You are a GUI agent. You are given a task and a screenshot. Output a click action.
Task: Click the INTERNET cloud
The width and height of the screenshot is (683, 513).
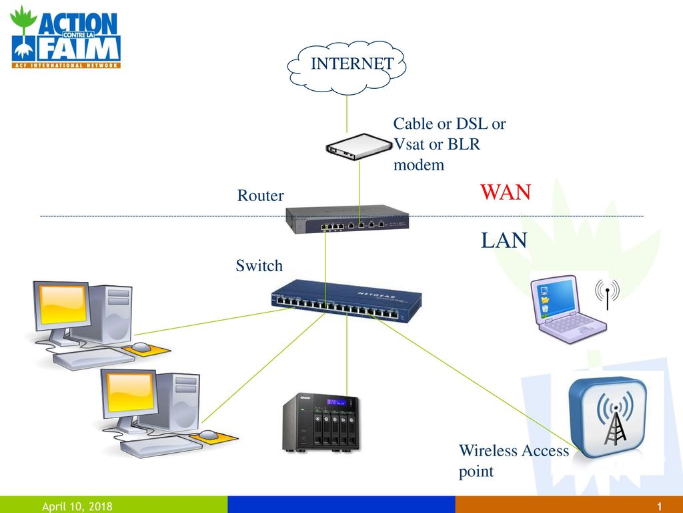(347, 67)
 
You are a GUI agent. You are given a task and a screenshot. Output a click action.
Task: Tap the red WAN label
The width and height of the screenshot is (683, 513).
(506, 192)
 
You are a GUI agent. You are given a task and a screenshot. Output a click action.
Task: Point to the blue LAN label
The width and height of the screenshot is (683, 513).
(504, 240)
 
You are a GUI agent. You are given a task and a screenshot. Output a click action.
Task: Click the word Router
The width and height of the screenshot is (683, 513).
(260, 195)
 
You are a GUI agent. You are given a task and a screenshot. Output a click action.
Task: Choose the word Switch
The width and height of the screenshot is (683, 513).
(259, 265)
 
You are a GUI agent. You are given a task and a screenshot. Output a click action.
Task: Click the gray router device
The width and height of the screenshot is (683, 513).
(347, 219)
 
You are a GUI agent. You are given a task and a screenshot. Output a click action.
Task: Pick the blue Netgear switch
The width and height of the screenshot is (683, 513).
(347, 301)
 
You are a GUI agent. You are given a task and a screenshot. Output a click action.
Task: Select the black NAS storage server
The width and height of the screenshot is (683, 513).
(321, 423)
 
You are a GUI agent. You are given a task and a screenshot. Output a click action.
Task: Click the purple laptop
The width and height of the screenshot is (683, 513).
(568, 309)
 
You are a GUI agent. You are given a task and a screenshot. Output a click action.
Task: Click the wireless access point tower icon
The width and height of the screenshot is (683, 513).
(607, 417)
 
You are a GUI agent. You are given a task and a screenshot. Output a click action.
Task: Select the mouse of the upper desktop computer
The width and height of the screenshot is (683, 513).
(141, 347)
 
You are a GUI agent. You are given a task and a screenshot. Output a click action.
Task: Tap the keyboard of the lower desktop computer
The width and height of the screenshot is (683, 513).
(161, 446)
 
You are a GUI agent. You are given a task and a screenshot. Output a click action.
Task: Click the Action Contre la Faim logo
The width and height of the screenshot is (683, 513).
(65, 37)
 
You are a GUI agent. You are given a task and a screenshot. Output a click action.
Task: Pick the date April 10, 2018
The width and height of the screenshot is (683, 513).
(77, 506)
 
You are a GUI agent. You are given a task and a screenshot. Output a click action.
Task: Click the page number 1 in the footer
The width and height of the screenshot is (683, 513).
(660, 506)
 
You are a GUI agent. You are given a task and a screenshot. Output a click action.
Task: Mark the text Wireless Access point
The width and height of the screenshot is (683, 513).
(514, 461)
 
